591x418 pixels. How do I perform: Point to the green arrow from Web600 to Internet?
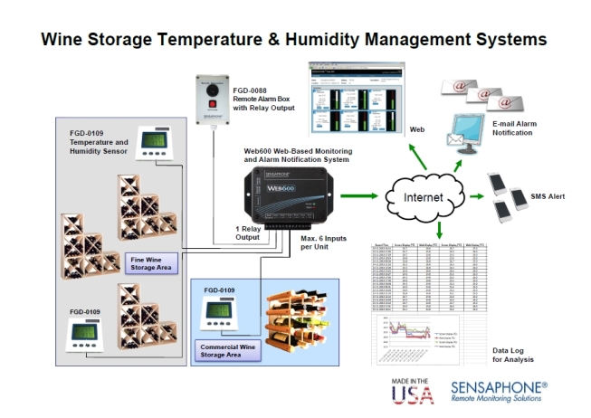362,194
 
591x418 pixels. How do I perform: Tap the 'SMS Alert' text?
554,197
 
